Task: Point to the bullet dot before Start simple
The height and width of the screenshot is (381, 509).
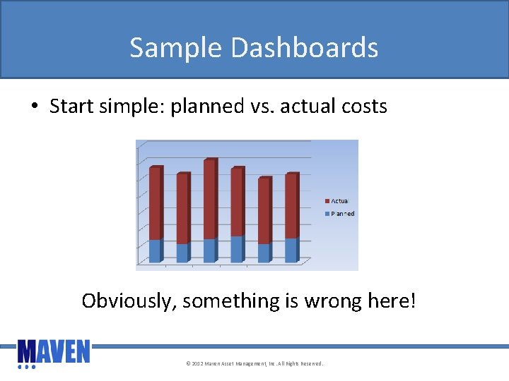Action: click(34, 107)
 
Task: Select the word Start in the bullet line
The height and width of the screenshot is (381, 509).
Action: click(73, 107)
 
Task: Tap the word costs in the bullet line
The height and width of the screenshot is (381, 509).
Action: click(363, 107)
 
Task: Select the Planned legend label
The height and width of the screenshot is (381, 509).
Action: click(343, 213)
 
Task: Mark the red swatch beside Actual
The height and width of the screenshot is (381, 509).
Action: click(327, 201)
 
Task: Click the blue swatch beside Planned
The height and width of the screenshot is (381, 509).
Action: click(327, 214)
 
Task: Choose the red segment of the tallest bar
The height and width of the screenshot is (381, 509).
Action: click(209, 199)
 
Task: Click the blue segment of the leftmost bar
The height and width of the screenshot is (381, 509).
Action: click(155, 251)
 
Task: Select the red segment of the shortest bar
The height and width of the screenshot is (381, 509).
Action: click(263, 210)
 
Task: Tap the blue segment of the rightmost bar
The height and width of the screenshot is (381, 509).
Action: click(291, 250)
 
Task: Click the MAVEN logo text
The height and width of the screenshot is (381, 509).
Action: click(54, 351)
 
